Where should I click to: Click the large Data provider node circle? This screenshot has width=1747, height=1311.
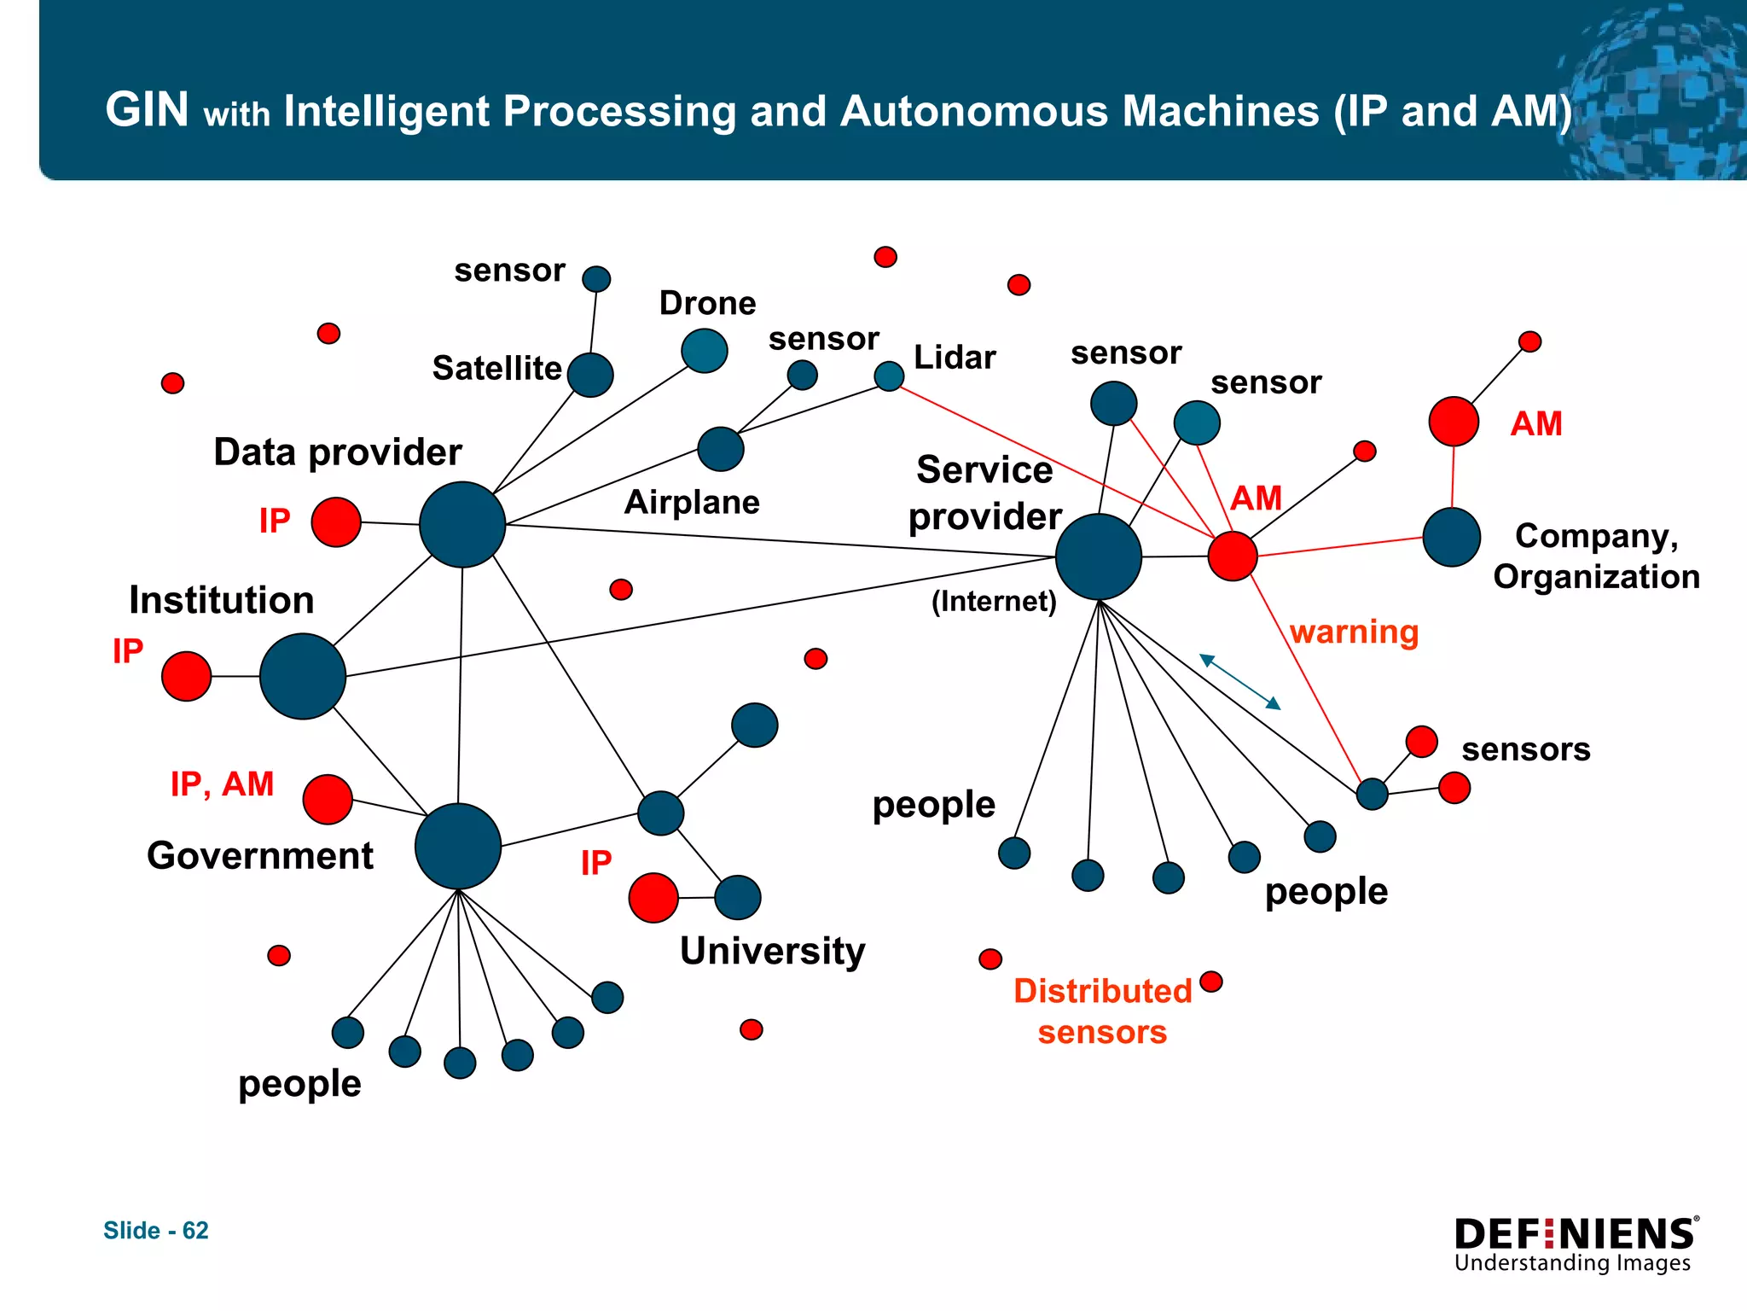(x=462, y=524)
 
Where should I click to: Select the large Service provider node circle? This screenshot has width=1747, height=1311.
(x=1099, y=556)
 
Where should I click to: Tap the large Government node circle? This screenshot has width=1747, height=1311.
(x=458, y=846)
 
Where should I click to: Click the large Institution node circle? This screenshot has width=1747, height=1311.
(x=303, y=676)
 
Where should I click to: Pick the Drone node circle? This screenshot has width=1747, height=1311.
(x=705, y=351)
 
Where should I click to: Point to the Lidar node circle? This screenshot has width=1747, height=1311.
(x=889, y=376)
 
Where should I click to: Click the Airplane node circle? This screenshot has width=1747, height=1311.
(x=721, y=449)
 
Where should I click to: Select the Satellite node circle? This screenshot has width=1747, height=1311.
(x=590, y=375)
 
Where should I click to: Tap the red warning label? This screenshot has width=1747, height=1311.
(x=1354, y=632)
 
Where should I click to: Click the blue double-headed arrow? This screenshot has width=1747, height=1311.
(x=1239, y=681)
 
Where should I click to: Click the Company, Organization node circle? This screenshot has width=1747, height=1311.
(x=1452, y=537)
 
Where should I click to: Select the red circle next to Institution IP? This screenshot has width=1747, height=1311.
(x=187, y=676)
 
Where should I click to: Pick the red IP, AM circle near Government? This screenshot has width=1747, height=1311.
(x=328, y=800)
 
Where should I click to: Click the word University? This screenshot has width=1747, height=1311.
(x=772, y=951)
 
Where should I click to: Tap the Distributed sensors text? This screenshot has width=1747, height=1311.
(x=1102, y=1011)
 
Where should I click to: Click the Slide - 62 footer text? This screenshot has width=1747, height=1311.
(x=156, y=1230)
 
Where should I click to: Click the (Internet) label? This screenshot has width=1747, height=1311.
(x=994, y=601)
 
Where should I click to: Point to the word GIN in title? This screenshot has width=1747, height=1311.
(x=147, y=110)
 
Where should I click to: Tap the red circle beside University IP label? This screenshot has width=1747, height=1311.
(x=653, y=898)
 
